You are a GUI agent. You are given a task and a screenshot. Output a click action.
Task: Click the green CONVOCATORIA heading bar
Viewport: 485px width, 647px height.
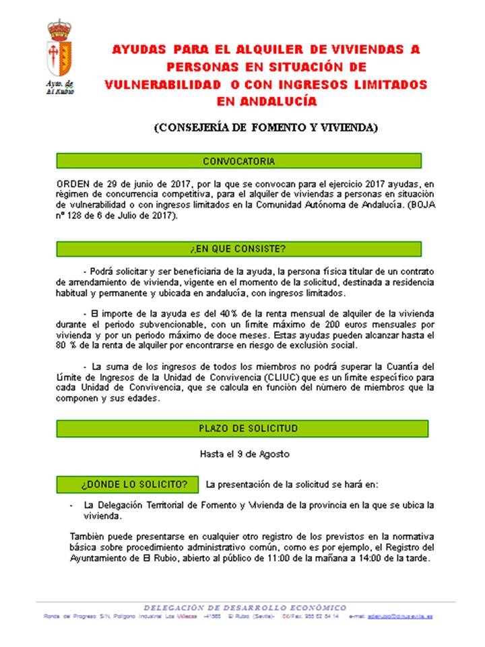pos(238,161)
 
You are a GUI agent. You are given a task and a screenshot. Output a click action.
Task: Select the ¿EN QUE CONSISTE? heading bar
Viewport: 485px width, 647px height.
pos(238,249)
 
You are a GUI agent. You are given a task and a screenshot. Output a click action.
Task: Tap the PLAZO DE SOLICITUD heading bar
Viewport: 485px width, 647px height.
pos(238,429)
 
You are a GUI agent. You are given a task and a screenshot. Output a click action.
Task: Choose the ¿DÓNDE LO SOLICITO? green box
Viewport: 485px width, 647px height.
pos(127,484)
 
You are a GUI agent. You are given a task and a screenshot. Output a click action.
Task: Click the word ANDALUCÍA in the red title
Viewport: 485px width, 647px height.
pos(267,102)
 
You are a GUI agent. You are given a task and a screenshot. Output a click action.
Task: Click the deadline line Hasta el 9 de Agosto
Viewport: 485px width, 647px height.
pos(245,454)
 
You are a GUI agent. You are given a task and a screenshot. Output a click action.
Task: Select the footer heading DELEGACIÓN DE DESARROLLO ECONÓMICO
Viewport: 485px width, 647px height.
pos(245,607)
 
